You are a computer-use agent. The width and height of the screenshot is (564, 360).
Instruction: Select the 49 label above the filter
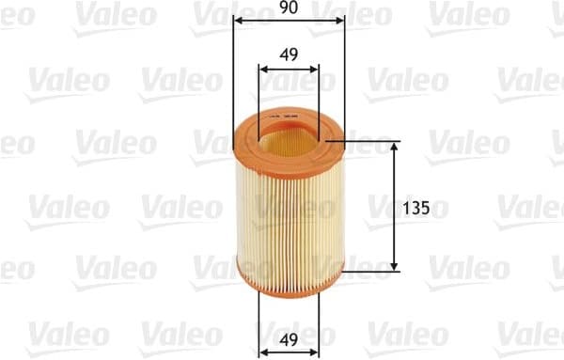point(289,55)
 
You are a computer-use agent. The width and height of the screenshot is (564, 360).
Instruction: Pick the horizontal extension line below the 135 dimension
point(371,272)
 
